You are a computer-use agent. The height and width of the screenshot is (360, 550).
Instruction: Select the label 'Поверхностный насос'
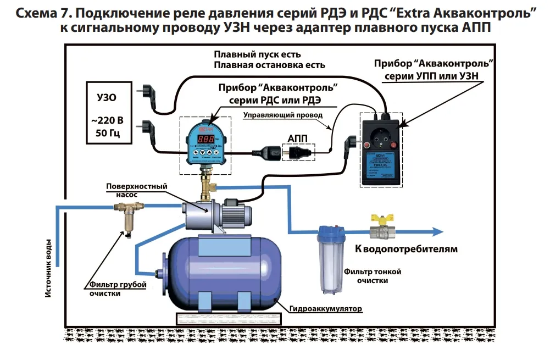click(136, 190)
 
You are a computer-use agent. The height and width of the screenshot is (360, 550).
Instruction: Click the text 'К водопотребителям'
click(406, 249)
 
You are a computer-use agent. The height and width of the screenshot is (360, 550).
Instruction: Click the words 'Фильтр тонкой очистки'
click(373, 276)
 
